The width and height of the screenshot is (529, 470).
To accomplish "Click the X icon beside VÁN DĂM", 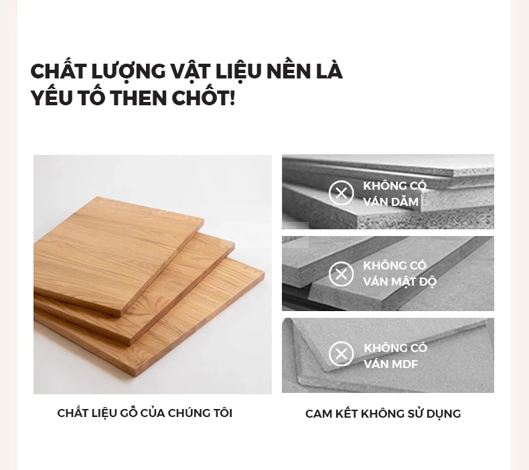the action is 341,193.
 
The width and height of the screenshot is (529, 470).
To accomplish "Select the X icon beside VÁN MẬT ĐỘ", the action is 341,274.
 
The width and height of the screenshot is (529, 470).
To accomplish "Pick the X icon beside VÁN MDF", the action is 341,354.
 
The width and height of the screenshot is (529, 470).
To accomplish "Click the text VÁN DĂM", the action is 390,202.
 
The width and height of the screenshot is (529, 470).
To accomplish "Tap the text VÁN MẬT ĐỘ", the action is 400,281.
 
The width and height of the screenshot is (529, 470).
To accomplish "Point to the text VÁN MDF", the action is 390,364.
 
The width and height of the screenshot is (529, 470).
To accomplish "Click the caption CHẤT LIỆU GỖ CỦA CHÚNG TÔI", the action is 145,412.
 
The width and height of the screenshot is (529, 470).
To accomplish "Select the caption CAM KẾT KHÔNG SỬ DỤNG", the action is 383,413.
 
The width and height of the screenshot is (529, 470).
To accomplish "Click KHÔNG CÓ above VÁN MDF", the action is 395,347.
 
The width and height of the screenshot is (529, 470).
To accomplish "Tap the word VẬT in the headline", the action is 190,72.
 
